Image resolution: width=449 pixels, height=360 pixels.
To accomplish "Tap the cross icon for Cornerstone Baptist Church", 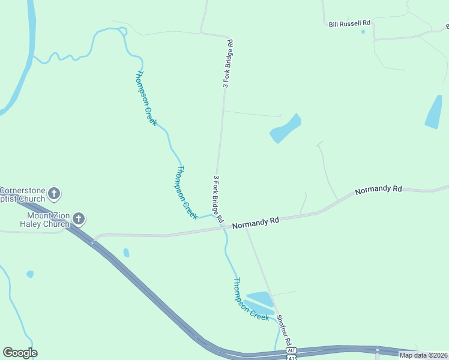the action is point(54,193).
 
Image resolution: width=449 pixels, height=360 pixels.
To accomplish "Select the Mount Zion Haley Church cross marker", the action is point(78,219).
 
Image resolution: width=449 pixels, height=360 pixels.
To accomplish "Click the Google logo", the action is point(20,352).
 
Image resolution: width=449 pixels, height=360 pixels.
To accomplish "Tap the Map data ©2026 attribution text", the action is point(424,355).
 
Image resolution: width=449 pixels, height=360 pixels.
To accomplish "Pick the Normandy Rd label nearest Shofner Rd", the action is point(256,222).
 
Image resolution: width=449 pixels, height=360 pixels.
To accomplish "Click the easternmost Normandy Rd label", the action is point(378,190).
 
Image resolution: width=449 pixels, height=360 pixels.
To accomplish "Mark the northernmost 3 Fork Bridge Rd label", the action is point(228,64).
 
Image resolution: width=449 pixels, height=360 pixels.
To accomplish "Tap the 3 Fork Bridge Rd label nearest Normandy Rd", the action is point(218,199).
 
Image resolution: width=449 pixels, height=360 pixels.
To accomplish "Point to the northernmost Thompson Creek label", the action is point(146,98).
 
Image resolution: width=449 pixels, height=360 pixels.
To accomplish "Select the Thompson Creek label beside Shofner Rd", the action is point(250,299).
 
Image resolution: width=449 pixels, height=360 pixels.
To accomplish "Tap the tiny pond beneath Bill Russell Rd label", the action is point(363,32).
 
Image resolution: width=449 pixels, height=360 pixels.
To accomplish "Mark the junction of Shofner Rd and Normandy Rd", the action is point(246,227).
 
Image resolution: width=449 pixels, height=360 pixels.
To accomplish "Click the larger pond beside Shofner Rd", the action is point(260,298).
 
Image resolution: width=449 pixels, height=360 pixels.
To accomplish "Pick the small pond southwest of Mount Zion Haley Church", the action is point(30,274).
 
